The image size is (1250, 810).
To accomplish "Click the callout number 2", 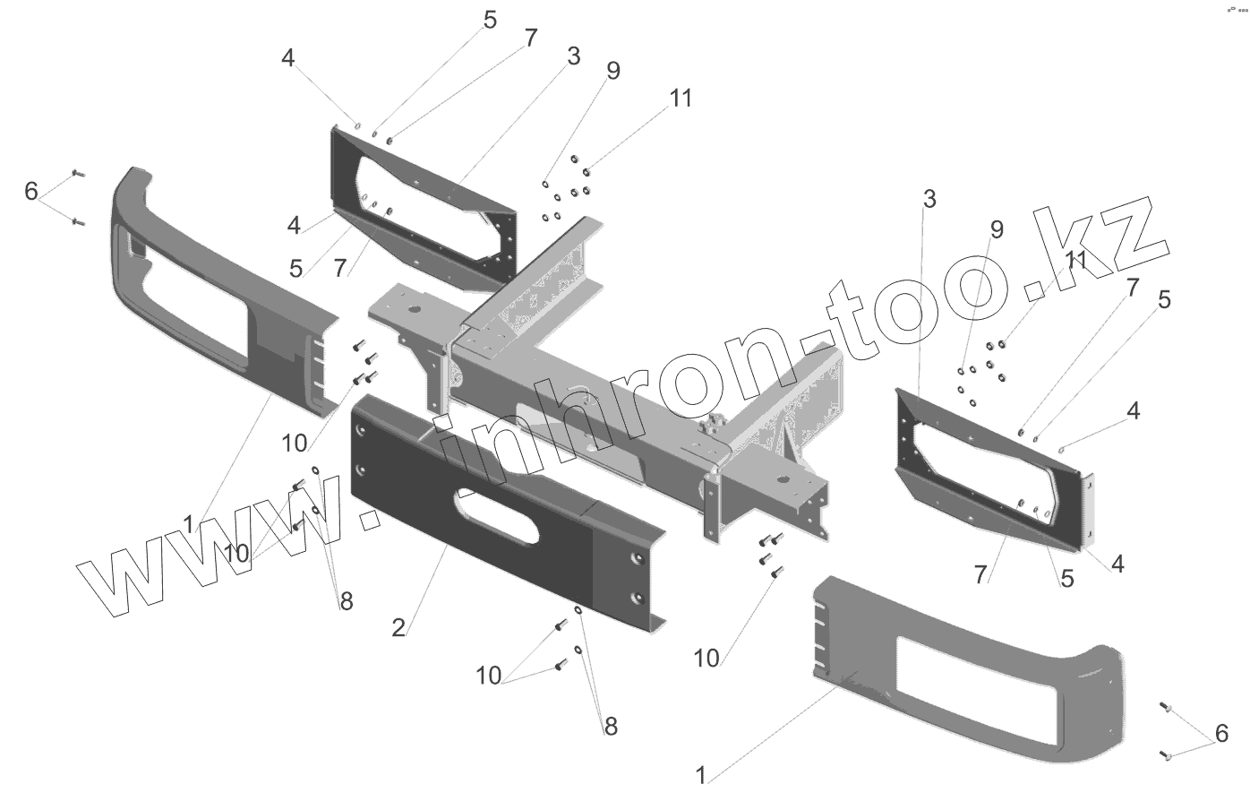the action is pos(398,627).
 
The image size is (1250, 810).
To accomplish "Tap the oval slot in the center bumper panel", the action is pos(497,515).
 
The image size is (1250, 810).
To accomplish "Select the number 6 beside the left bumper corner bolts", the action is pos(32,191).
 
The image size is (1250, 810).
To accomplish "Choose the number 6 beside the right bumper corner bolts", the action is pos(1222,735).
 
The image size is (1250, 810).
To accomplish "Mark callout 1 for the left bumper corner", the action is pos(188,521).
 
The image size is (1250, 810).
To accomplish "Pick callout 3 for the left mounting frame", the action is pos(573,56).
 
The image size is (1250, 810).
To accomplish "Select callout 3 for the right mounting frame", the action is pos(929,199).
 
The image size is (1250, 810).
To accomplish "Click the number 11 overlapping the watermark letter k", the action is pos(1076,260).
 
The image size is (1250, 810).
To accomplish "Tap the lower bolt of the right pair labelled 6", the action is pos(1166,754).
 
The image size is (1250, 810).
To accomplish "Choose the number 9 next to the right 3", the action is pos(997,229).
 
